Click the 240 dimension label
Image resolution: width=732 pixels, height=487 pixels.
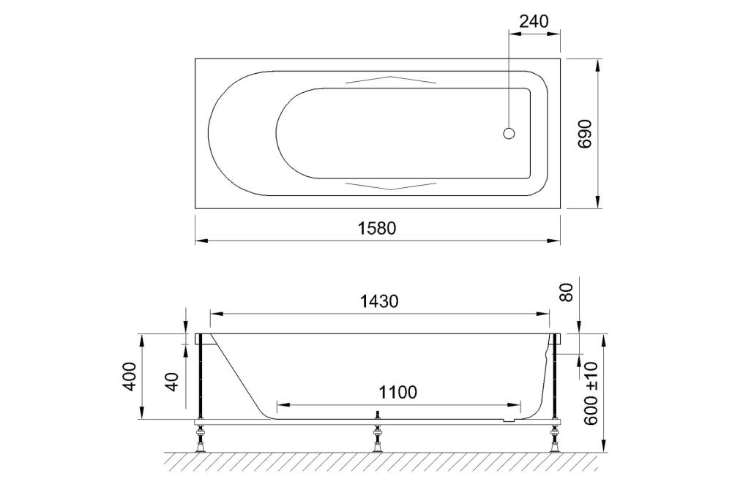click(x=534, y=20)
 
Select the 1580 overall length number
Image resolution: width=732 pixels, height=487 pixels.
click(x=378, y=227)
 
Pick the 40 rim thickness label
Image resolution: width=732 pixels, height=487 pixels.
click(x=172, y=380)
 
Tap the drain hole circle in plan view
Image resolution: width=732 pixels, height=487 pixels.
click(x=510, y=133)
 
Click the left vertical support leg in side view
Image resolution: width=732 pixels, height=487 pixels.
click(x=199, y=380)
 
